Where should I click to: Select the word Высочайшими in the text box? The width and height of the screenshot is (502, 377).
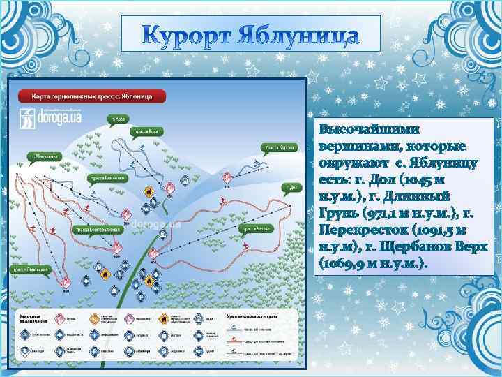coord(360,130)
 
